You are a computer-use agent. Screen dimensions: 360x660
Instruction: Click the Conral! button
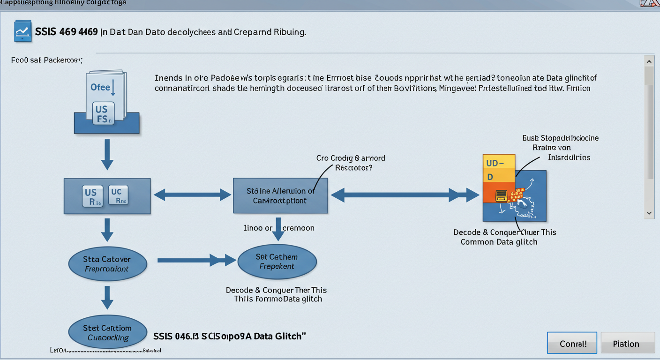[x=572, y=343]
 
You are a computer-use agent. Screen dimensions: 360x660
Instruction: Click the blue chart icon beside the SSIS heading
[x=23, y=31]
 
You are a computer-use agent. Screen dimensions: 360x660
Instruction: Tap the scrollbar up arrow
[x=649, y=61]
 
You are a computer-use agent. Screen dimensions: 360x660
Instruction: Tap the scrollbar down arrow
[x=649, y=213]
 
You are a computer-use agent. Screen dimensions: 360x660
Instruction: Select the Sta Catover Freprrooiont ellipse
[x=107, y=264]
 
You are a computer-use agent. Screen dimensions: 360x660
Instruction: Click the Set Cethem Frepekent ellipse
[x=277, y=262]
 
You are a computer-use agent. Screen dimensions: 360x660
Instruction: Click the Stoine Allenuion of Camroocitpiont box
[x=280, y=195]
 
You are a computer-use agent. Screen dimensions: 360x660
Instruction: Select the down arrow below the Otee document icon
[x=107, y=154]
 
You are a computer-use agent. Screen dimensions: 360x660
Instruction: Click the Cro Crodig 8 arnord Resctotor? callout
[x=351, y=163]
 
